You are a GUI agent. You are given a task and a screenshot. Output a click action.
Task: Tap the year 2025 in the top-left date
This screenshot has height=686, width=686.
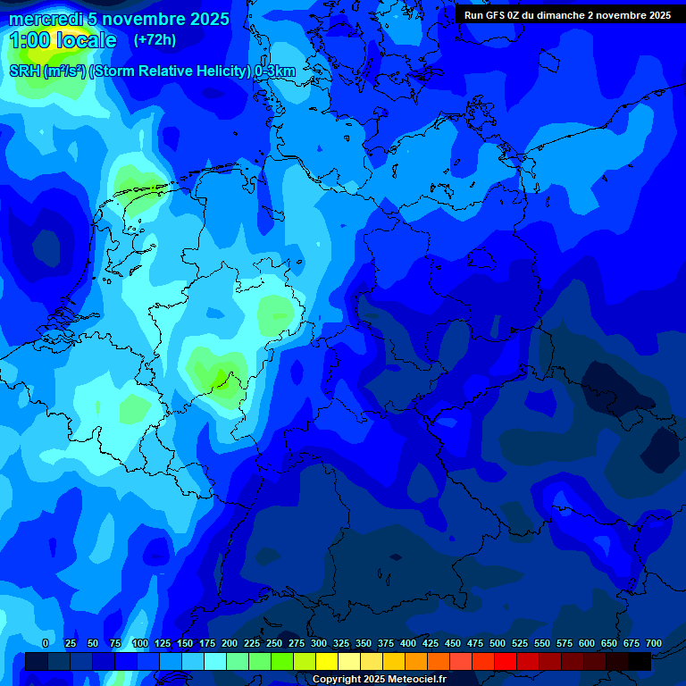tap(209, 19)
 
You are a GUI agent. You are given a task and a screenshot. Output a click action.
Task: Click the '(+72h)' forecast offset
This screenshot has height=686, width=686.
tap(155, 39)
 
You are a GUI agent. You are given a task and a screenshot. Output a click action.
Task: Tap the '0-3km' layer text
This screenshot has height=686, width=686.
tap(275, 71)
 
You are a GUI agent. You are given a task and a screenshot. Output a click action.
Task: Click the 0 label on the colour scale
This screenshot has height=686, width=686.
tap(46, 643)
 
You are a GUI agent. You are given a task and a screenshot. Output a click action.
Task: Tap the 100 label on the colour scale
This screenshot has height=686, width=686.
tap(139, 643)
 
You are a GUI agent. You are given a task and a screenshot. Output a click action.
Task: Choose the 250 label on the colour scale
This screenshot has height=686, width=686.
tap(274, 643)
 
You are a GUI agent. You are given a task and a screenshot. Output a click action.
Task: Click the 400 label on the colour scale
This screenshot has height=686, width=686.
tap(408, 643)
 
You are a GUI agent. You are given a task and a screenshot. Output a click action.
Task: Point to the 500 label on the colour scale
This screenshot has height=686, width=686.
tap(498, 643)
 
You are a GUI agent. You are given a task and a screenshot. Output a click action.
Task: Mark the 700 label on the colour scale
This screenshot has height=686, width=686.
tap(654, 643)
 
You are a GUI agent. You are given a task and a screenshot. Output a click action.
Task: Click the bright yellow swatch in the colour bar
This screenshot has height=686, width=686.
tap(327, 662)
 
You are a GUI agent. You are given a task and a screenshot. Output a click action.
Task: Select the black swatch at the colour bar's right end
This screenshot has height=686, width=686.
tap(640, 662)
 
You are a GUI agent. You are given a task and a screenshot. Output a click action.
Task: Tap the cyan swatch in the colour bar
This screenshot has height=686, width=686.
tap(215, 662)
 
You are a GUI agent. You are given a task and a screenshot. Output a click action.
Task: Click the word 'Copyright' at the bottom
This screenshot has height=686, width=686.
tap(337, 680)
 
